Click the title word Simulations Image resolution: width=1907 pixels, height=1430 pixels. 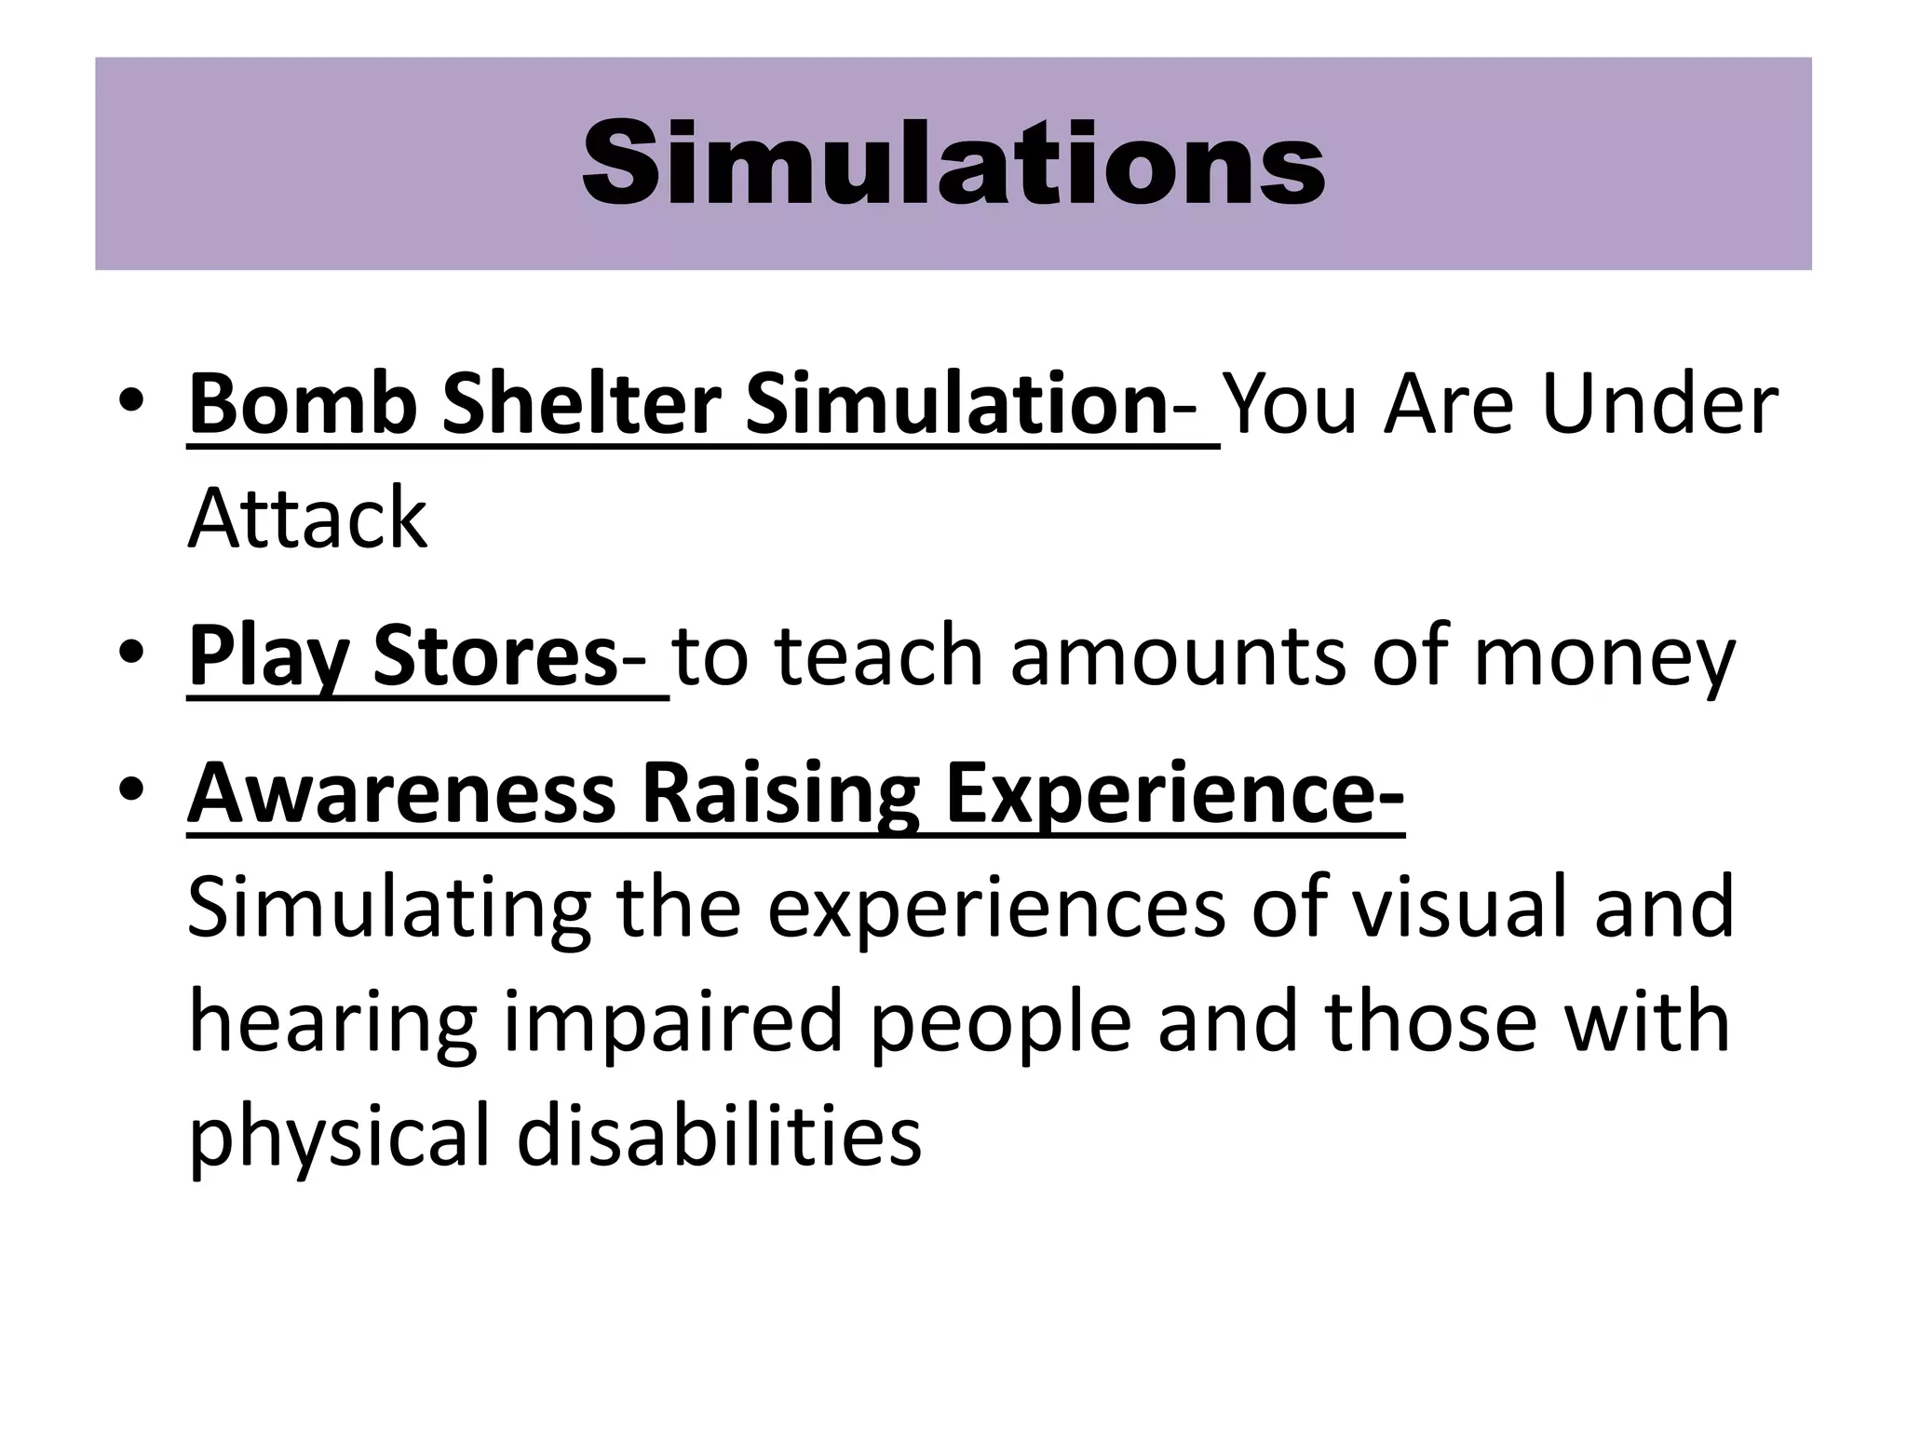point(953,165)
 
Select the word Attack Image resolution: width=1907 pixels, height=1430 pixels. point(307,519)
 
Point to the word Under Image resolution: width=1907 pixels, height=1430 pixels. point(1659,404)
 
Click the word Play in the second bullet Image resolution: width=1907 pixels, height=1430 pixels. point(267,657)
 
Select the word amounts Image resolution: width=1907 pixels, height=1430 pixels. point(1177,657)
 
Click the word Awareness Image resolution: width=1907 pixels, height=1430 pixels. point(401,793)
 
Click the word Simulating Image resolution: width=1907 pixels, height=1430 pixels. point(388,910)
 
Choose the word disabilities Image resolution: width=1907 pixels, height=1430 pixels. point(719,1136)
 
